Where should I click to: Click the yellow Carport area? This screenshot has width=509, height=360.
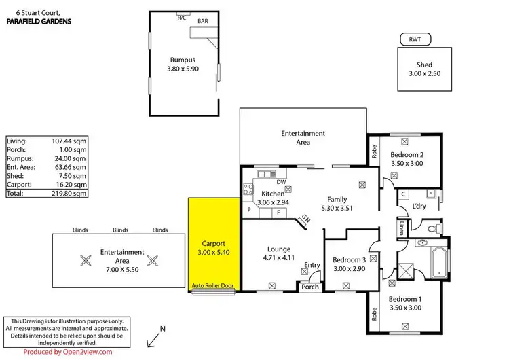click(x=212, y=245)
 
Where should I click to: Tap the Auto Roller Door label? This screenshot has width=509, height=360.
click(x=213, y=287)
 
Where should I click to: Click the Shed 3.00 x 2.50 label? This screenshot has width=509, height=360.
click(x=424, y=69)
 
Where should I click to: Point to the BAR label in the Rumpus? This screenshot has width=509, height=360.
click(x=203, y=22)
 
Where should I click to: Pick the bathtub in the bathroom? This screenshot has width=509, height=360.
click(x=437, y=262)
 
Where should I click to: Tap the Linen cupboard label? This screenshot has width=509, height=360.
click(x=402, y=229)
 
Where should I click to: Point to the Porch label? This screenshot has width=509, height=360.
click(x=310, y=287)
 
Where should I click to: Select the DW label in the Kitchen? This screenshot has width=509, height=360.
click(x=281, y=181)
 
